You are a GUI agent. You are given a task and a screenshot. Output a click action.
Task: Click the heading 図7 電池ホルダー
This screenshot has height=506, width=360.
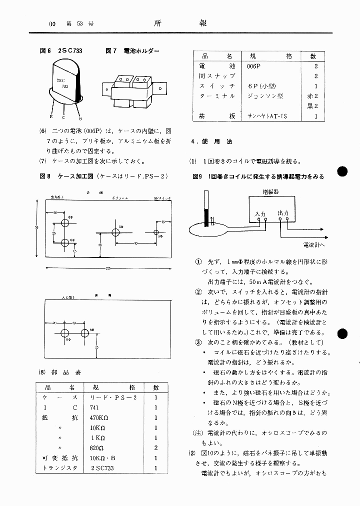tap(132, 51)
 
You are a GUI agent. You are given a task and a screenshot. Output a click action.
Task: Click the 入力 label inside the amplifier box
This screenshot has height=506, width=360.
tap(259, 213)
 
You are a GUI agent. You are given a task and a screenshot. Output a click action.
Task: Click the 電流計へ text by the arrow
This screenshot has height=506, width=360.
tap(314, 245)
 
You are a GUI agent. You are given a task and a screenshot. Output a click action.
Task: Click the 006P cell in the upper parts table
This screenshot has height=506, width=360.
tap(254, 66)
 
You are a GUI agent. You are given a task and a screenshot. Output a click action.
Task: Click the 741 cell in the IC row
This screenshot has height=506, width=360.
tap(93, 407)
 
